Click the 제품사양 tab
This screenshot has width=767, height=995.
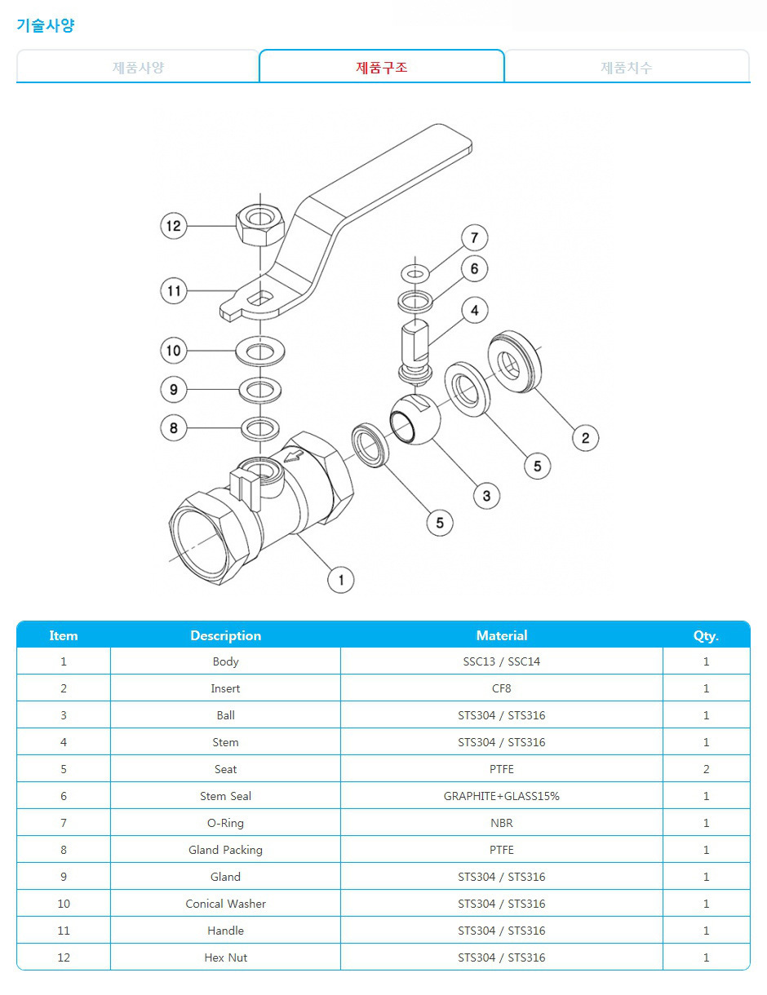138,68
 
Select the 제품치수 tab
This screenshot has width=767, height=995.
627,68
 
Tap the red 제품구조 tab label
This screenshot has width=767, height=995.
381,68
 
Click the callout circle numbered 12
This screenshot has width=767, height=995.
174,226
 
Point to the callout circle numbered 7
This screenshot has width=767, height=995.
474,237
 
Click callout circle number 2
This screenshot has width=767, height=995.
585,438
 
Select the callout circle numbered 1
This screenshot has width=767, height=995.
341,580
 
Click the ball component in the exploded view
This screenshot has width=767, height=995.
415,419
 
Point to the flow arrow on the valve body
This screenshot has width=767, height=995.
294,456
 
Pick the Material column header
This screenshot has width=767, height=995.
502,635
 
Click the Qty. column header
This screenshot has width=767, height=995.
706,635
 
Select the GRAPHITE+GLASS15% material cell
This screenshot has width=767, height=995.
502,796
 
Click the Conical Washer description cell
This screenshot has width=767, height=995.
225,904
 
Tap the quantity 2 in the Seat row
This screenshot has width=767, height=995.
706,769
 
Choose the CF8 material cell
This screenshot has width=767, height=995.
502,688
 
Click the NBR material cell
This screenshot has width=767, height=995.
502,823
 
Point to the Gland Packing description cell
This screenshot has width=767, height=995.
225,850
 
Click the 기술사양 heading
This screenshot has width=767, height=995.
46,25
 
